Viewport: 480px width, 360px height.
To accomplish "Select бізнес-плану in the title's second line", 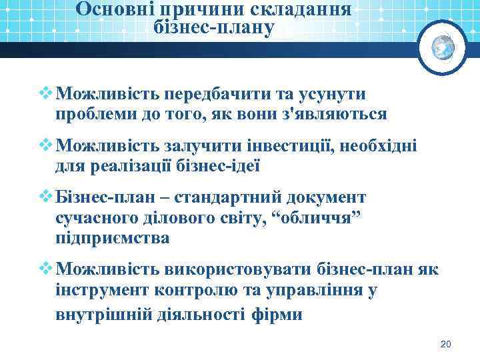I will pos(213,29).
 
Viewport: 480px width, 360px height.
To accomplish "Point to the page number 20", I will pos(446,344).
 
